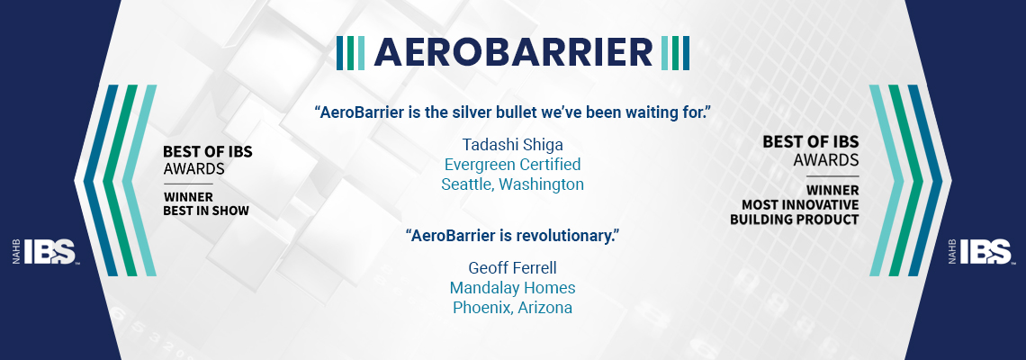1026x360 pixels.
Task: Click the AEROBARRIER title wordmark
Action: [513, 52]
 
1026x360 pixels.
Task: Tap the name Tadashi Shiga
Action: [512, 145]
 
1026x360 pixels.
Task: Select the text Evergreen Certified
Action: [512, 165]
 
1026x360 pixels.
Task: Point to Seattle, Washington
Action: [512, 184]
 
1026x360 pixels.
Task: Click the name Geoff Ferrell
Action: [512, 267]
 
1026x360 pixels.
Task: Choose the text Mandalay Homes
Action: [512, 287]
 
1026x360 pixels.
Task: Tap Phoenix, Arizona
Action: [512, 308]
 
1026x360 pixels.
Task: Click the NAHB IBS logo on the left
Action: [46, 252]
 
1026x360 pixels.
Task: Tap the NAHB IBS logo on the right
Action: [979, 252]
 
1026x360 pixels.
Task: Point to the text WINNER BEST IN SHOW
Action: [206, 204]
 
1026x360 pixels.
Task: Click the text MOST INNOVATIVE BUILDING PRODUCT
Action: [795, 212]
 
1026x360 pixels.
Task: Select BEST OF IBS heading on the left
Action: [207, 152]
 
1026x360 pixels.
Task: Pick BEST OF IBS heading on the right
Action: [811, 141]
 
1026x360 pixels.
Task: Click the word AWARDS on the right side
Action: [826, 160]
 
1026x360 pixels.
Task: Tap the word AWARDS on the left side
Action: [193, 169]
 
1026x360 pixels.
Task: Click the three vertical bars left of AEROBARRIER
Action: [351, 53]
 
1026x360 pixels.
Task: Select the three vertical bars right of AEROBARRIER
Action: [675, 53]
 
